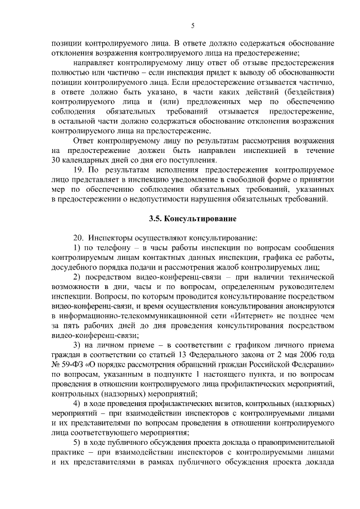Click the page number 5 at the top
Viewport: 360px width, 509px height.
click(193, 25)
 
